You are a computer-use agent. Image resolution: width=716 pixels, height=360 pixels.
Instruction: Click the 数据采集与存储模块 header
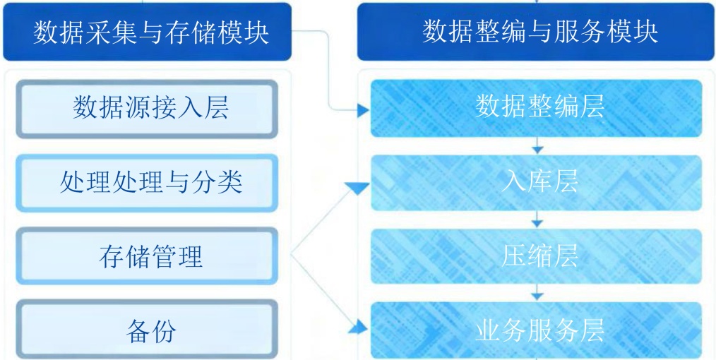click(150, 32)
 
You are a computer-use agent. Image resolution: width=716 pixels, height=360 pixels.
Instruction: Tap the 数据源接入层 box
click(150, 109)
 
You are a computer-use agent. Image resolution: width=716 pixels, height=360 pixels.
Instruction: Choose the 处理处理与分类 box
click(150, 182)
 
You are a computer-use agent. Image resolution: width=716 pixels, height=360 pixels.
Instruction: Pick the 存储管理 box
click(150, 256)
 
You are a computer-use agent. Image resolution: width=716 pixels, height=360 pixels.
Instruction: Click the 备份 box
click(150, 330)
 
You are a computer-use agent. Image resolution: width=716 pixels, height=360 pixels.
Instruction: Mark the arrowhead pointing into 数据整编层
click(363, 110)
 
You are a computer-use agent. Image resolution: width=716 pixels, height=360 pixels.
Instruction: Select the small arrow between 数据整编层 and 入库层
click(539, 148)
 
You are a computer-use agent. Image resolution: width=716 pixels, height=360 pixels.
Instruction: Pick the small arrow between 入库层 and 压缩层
click(539, 222)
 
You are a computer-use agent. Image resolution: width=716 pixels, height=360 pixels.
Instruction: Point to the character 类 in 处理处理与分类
click(229, 182)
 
